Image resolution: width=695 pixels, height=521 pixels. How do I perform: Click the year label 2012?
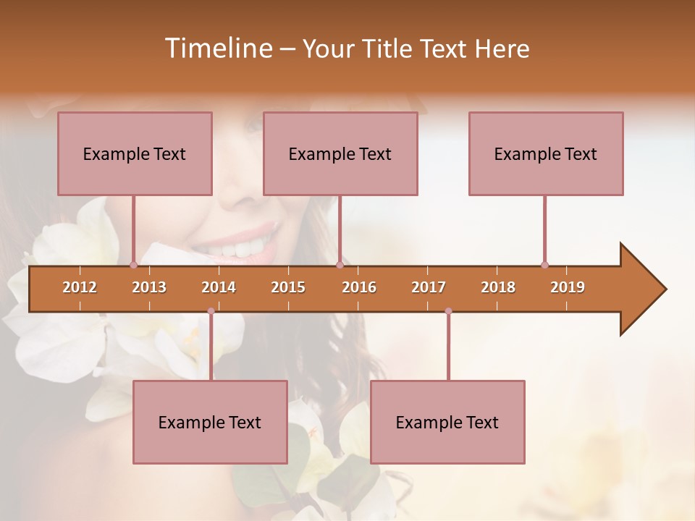80,287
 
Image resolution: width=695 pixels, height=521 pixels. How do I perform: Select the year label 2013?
149,287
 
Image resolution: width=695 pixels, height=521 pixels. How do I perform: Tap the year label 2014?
219,287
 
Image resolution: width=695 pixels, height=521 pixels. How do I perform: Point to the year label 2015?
288,287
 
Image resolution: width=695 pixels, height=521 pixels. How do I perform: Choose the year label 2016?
359,287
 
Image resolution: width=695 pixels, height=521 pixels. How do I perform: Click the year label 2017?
429,287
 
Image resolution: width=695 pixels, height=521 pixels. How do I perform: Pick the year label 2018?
498,287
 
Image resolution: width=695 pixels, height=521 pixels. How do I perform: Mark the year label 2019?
568,287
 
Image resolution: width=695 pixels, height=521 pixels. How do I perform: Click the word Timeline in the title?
217,48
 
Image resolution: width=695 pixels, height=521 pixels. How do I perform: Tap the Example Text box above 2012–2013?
135,153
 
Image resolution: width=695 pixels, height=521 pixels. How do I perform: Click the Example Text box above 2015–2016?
340,153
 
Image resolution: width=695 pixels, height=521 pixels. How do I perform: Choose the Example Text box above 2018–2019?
546,153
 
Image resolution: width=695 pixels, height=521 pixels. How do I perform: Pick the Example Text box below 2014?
210,422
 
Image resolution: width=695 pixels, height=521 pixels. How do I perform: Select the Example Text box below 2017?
447,422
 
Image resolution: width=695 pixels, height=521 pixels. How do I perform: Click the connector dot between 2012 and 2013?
133,265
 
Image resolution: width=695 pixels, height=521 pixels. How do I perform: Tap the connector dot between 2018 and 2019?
544,265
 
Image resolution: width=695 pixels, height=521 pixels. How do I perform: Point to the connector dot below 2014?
211,311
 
